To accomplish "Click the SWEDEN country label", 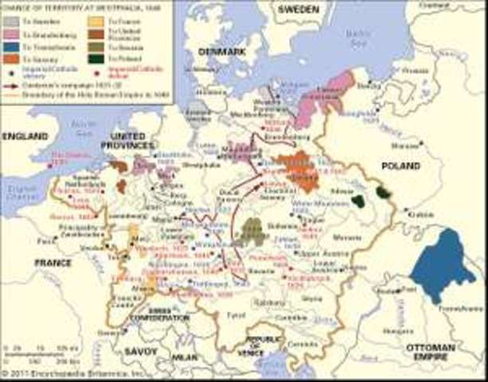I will tap(299, 10).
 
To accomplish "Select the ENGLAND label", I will tap(25, 136).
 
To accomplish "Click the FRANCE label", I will tap(53, 262).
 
